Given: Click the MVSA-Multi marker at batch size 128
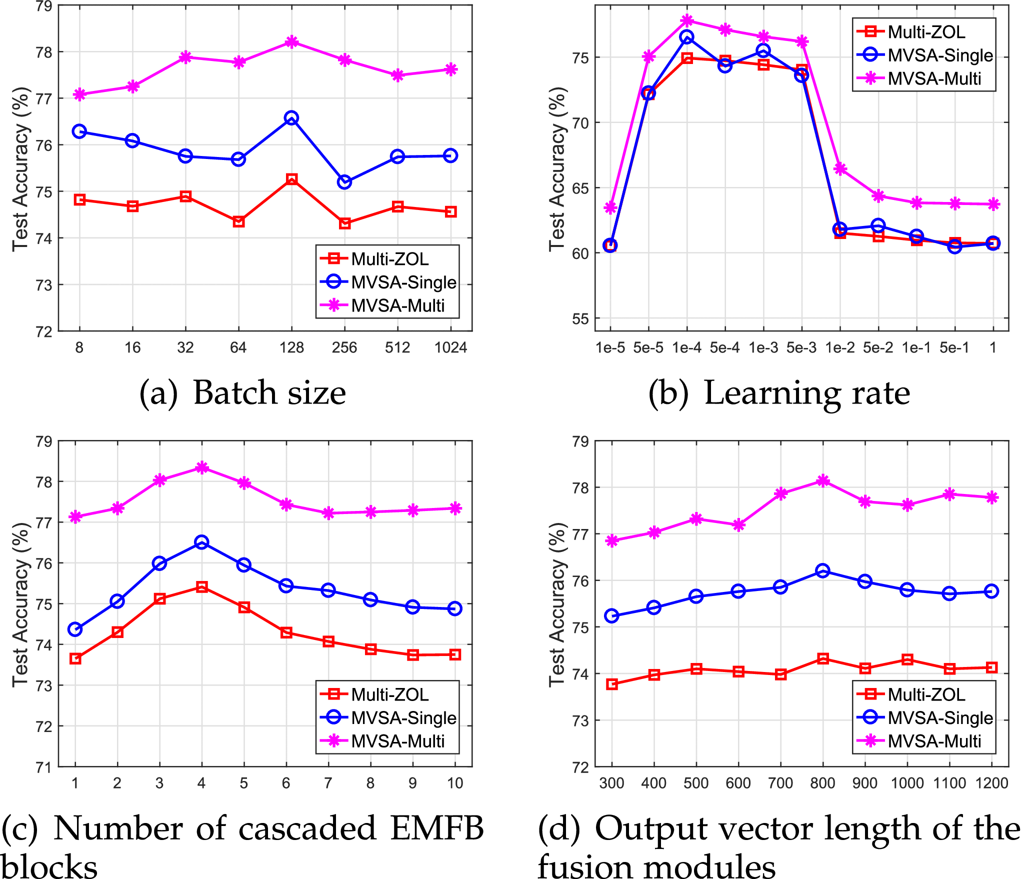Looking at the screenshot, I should [x=291, y=42].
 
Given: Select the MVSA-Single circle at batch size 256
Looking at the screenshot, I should [x=344, y=182].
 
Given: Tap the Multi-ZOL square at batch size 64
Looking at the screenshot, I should [x=238, y=221].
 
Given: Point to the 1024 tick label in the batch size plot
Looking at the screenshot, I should [x=450, y=347].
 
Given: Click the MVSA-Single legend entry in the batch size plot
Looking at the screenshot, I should [x=403, y=282].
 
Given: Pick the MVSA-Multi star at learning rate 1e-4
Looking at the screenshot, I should [x=687, y=20].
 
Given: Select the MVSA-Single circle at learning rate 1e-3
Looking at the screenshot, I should [x=763, y=50].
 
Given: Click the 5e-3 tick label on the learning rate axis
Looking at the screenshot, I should [x=801, y=347].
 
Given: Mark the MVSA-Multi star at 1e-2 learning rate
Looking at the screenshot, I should [x=840, y=168].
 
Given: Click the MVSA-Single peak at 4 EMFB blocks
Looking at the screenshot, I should [x=201, y=542].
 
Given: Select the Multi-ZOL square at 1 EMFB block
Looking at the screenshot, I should [x=75, y=658].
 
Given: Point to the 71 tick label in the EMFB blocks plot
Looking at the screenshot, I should [x=43, y=767].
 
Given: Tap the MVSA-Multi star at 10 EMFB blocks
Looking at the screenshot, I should [x=455, y=508].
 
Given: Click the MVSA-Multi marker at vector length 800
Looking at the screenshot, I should [x=823, y=480].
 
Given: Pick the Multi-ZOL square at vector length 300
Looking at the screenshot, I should [x=611, y=684].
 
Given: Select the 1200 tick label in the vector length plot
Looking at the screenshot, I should [x=991, y=783].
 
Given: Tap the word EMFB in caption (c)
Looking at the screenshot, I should [x=436, y=828].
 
